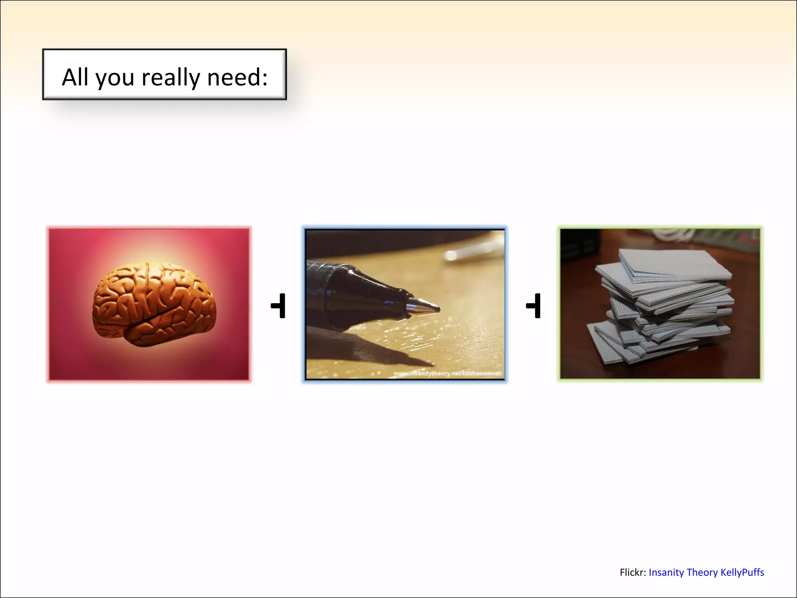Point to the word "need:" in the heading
pyautogui.click(x=237, y=77)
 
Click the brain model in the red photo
pyautogui.click(x=153, y=304)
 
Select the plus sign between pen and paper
pyautogui.click(x=534, y=306)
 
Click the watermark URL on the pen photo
pyautogui.click(x=447, y=373)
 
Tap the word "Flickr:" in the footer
pyautogui.click(x=633, y=572)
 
